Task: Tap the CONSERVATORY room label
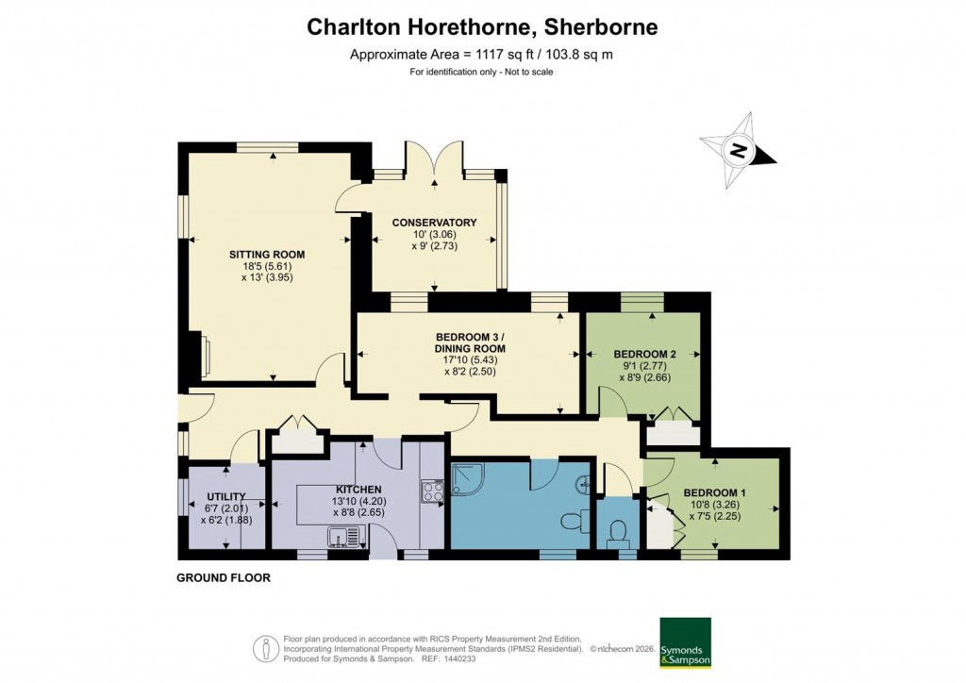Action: point(434,223)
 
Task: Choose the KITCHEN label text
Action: point(355,488)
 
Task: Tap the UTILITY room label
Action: point(226,497)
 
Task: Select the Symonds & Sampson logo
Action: point(684,642)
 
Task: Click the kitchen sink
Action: point(344,537)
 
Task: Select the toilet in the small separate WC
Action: point(619,534)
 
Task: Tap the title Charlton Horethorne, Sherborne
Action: point(482,27)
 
